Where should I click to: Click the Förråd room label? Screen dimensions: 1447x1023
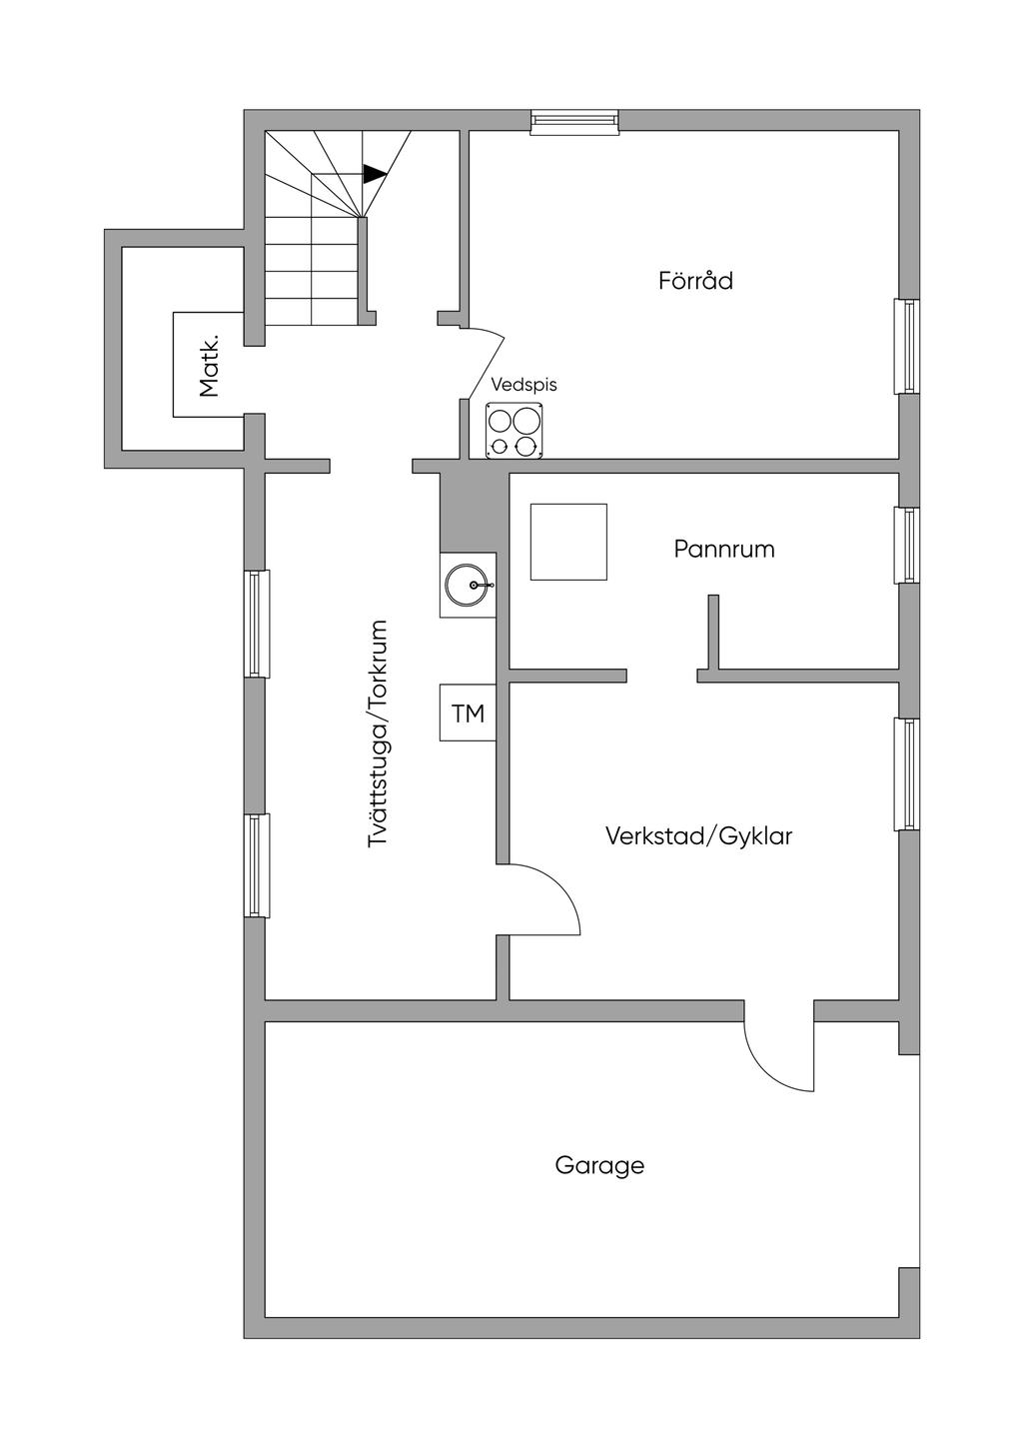[x=695, y=281]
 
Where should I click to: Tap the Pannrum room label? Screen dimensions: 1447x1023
[x=723, y=549]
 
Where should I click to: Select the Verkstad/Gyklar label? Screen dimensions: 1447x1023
[x=698, y=835]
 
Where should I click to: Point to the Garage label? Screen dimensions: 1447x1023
[x=599, y=1165]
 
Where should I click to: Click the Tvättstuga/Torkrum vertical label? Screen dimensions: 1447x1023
[x=377, y=734]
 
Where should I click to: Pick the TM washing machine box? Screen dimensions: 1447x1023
[x=468, y=713]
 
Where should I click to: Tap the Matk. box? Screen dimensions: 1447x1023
[x=208, y=365]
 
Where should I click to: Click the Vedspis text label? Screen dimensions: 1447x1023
[x=523, y=385]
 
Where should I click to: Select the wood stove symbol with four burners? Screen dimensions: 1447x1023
[x=514, y=431]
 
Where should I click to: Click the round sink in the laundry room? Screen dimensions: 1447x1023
[x=469, y=585]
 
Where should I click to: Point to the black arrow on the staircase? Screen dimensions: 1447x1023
[x=374, y=174]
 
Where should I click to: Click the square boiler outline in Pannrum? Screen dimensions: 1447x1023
[x=568, y=542]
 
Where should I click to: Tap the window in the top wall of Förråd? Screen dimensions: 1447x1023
[x=574, y=121]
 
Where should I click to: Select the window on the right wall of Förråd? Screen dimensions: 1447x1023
[x=907, y=346]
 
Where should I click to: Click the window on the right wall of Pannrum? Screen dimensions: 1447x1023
[x=907, y=545]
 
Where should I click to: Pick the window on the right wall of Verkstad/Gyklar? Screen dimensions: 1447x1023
[x=907, y=774]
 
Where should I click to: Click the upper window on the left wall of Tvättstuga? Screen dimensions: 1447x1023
[x=257, y=624]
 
